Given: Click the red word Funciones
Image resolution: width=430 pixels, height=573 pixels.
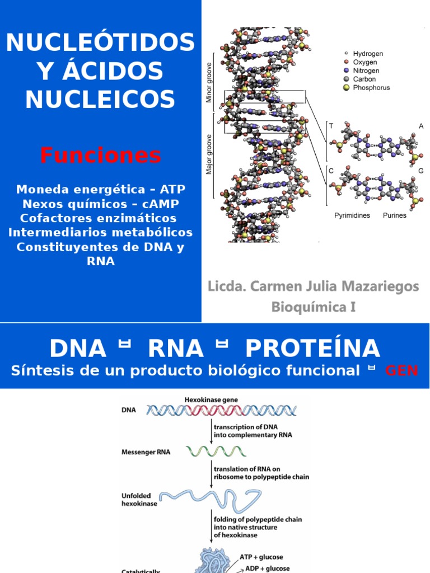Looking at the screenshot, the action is tap(100, 155).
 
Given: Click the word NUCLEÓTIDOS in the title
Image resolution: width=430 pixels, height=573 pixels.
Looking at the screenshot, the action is tap(100, 43).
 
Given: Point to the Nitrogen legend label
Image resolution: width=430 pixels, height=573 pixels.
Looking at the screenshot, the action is tap(366, 71).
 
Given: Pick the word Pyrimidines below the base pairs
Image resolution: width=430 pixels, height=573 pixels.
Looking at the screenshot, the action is tap(352, 215).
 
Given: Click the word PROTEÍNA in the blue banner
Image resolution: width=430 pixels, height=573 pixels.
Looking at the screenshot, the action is tap(313, 349).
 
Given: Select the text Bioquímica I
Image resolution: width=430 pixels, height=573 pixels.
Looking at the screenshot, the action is tap(314, 307).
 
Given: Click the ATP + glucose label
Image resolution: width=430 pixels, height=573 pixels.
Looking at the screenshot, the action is tap(261, 557).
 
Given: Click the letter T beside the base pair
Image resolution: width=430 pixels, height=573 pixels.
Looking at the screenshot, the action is tap(331, 126).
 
